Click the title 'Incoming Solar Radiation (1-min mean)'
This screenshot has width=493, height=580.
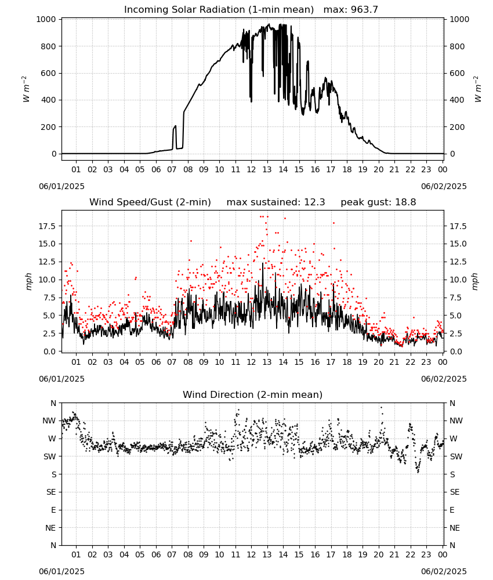tap(219, 10)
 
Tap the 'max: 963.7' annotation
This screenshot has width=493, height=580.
tap(351, 10)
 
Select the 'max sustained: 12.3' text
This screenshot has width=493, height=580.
tap(276, 202)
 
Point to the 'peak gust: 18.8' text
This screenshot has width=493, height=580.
tap(378, 202)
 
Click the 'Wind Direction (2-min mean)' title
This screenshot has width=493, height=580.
tap(253, 394)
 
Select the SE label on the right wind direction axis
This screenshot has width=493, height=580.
tap(455, 492)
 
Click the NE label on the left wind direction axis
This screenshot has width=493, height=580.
tap(50, 528)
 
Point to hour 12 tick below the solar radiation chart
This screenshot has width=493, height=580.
tap(251, 169)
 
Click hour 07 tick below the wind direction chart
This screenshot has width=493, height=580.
tap(172, 554)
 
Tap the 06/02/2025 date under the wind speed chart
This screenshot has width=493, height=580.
tap(444, 379)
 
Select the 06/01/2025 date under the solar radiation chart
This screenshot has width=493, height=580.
tap(61, 186)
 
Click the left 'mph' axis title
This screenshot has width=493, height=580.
tap(29, 281)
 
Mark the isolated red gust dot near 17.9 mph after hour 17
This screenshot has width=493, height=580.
tap(333, 223)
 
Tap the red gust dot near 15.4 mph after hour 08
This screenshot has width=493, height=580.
tap(191, 241)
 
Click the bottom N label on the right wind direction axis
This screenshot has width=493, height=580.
tap(452, 545)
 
